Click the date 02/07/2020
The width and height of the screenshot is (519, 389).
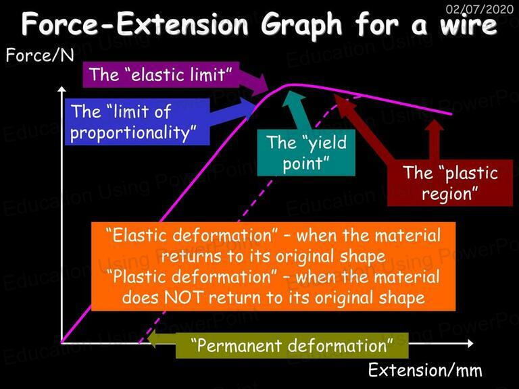480,9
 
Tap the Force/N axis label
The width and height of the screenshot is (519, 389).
40,55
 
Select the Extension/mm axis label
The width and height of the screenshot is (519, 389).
425,370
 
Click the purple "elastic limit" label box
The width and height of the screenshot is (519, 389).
161,74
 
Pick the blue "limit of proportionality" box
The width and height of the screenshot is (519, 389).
137,122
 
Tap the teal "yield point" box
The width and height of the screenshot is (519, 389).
306,153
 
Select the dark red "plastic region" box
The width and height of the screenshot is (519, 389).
450,183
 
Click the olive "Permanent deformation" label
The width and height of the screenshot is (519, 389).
292,346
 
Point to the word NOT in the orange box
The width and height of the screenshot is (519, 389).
183,297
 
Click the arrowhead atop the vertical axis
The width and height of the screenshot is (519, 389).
61,89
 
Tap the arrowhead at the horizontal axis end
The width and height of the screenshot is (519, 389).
470,344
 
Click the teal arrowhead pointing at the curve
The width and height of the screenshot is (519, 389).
293,98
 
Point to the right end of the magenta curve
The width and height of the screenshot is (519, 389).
451,114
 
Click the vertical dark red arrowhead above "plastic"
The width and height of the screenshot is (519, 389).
435,125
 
